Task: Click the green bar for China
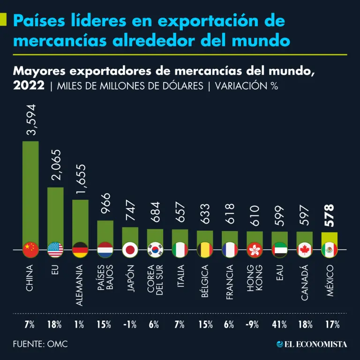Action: pyautogui.click(x=30, y=192)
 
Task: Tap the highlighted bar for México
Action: pyautogui.click(x=329, y=237)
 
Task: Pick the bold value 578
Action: pyautogui.click(x=330, y=215)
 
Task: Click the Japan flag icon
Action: pyautogui.click(x=130, y=250)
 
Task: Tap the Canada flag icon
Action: pyautogui.click(x=304, y=250)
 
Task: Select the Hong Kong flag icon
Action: pyautogui.click(x=255, y=250)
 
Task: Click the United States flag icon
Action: pyautogui.click(x=55, y=250)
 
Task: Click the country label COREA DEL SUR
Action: pyautogui.click(x=155, y=281)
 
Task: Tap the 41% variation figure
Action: pyautogui.click(x=280, y=324)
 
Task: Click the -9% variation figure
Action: pyautogui.click(x=255, y=324)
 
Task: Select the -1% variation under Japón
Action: pyautogui.click(x=130, y=324)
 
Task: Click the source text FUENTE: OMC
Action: pyautogui.click(x=40, y=344)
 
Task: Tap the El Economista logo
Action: pyautogui.click(x=312, y=344)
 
